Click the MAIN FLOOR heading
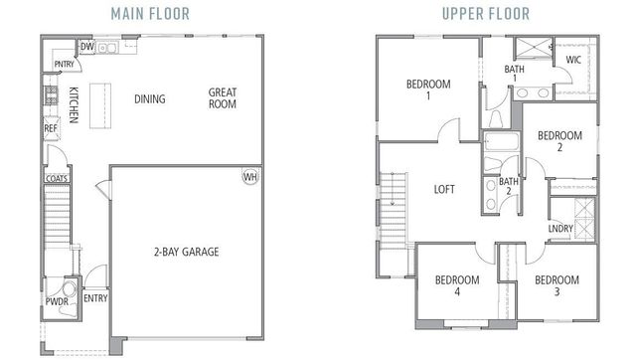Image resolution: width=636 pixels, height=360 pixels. pyautogui.click(x=154, y=14)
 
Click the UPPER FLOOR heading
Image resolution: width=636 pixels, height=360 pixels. pyautogui.click(x=487, y=14)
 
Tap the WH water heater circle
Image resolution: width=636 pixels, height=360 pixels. pyautogui.click(x=249, y=177)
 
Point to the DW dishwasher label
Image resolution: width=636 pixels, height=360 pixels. pyautogui.click(x=86, y=47)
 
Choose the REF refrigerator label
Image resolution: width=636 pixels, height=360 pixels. pyautogui.click(x=50, y=128)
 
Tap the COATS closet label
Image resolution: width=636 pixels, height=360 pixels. pyautogui.click(x=56, y=180)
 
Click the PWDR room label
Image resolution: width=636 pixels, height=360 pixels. pyautogui.click(x=56, y=300)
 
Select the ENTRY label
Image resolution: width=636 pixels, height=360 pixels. pyautogui.click(x=95, y=297)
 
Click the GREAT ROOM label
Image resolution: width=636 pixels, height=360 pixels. pyautogui.click(x=222, y=98)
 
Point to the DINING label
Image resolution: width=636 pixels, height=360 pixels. pyautogui.click(x=149, y=99)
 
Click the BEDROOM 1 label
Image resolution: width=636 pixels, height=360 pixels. pyautogui.click(x=430, y=90)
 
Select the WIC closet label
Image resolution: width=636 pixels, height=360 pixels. pyautogui.click(x=572, y=60)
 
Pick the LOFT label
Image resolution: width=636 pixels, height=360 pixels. pyautogui.click(x=444, y=189)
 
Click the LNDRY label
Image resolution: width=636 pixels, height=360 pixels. pyautogui.click(x=560, y=229)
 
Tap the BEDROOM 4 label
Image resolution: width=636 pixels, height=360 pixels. pyautogui.click(x=457, y=285)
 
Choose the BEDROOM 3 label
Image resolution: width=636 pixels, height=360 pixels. pyautogui.click(x=556, y=285)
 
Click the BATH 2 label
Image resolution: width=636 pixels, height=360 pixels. pyautogui.click(x=509, y=187)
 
